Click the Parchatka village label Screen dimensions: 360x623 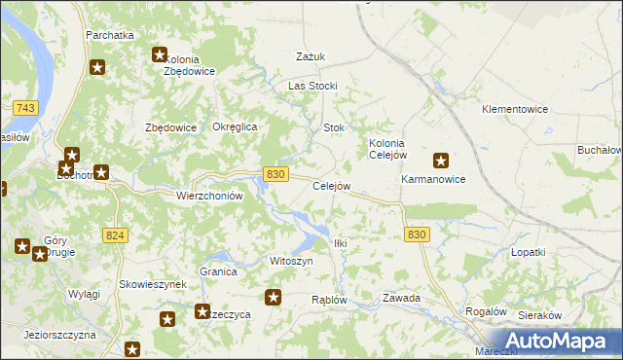pyautogui.click(x=109, y=35)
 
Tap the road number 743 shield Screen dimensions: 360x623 pyautogui.click(x=26, y=108)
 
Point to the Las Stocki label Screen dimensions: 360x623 pyautogui.click(x=311, y=86)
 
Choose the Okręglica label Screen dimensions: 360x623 pyautogui.click(x=234, y=127)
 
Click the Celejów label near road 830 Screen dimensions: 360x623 pyautogui.click(x=331, y=186)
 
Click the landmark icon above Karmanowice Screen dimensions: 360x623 pyautogui.click(x=441, y=162)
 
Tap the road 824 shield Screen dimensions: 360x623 pyautogui.click(x=115, y=234)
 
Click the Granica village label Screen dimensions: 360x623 pyautogui.click(x=218, y=272)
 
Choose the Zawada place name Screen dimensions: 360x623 pyautogui.click(x=401, y=298)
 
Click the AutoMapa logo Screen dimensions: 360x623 pyautogui.click(x=562, y=341)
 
